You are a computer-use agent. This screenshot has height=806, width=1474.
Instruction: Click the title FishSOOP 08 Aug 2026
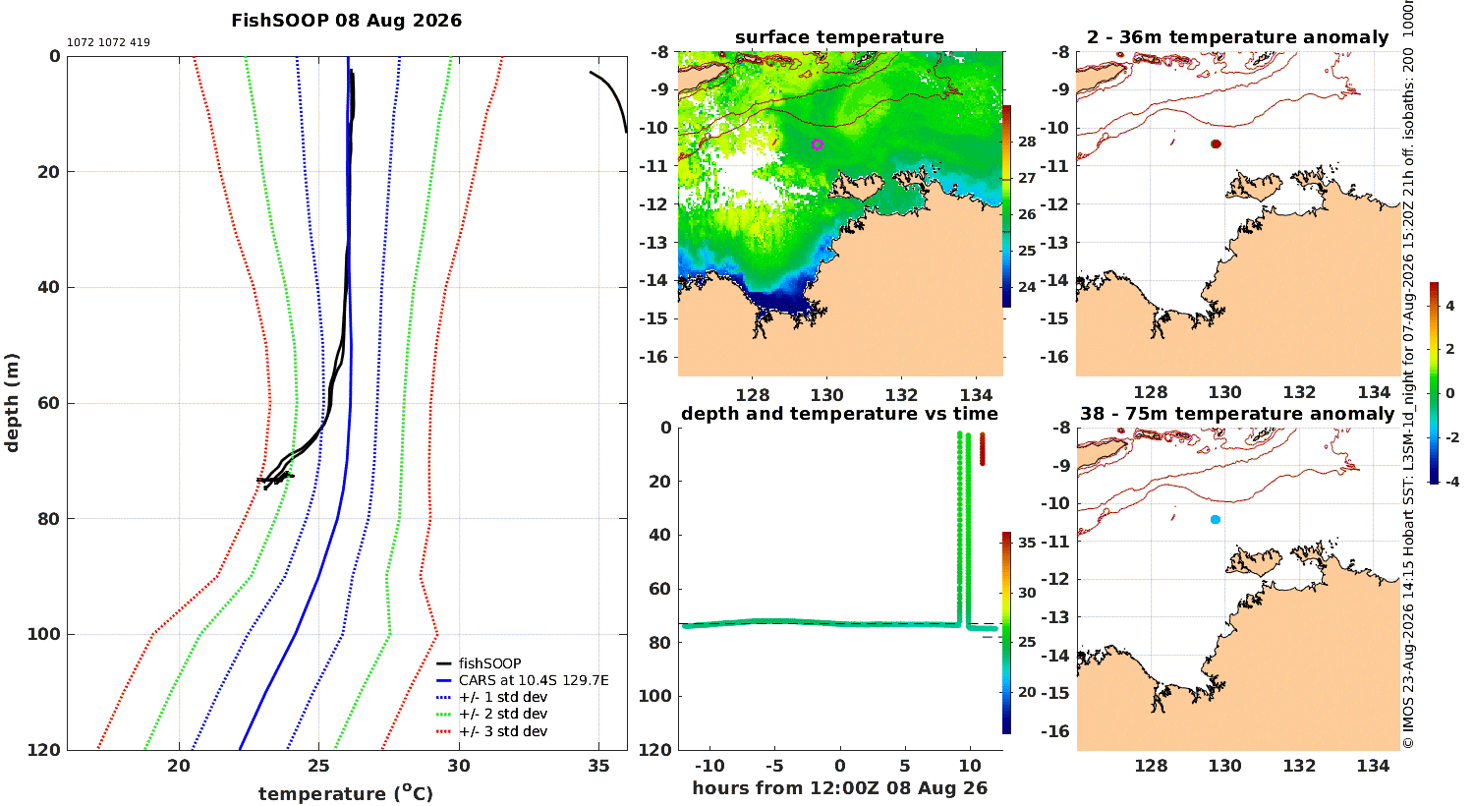(x=346, y=21)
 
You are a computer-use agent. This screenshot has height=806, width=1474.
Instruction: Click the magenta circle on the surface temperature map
(x=818, y=144)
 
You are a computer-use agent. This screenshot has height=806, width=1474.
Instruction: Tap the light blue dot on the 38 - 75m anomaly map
(x=1216, y=520)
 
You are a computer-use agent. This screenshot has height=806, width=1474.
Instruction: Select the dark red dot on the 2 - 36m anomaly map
(x=1217, y=144)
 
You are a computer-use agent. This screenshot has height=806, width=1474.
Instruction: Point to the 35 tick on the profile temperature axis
(x=598, y=766)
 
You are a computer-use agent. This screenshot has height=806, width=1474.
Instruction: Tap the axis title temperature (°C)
(x=346, y=793)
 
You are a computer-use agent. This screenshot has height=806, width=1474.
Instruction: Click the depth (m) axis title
(x=12, y=403)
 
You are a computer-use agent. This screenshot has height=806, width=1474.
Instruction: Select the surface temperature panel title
(x=839, y=37)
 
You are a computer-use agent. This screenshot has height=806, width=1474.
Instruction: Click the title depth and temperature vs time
(x=839, y=413)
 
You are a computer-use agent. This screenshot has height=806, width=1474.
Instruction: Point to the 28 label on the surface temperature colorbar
(x=1027, y=142)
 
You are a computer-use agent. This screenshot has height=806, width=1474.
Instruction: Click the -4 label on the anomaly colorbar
(x=1451, y=482)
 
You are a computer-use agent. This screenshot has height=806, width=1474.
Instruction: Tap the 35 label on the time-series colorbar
(x=1027, y=543)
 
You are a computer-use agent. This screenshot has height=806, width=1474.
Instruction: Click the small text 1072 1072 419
(x=108, y=43)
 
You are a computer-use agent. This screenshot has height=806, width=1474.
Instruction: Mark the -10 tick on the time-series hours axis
(x=709, y=766)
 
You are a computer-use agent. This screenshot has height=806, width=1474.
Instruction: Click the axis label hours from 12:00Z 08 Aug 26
(x=839, y=787)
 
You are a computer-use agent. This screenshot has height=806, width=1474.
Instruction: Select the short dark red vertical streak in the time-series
(x=983, y=449)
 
